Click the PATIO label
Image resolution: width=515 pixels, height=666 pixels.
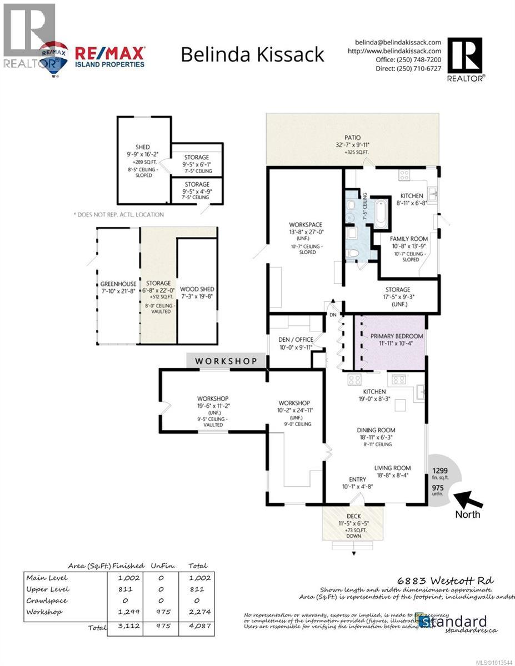coord(352,138)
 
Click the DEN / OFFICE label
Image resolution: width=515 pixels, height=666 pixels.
coord(296,340)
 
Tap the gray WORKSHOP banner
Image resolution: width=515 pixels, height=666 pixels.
coord(226,361)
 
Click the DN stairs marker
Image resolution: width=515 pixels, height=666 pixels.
coord(333,314)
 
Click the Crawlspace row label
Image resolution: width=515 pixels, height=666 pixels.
coord(46,601)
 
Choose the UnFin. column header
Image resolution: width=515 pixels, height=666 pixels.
coord(163,566)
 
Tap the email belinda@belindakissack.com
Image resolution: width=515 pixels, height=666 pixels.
coord(398,42)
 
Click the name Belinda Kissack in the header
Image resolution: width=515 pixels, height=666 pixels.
coord(253,54)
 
